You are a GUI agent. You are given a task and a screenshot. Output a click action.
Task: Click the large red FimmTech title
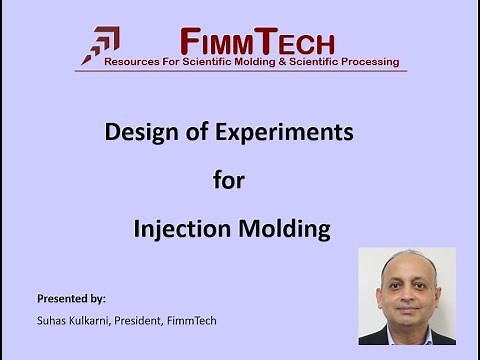258,41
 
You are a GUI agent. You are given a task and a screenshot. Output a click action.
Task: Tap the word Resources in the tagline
135,62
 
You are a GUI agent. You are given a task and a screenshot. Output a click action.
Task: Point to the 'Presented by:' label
71,299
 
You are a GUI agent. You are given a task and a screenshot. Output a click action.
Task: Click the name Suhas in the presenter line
51,319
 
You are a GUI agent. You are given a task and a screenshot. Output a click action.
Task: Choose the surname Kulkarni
93,319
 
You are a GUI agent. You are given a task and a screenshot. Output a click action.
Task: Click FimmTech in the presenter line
198,319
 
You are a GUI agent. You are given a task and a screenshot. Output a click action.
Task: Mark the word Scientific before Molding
206,62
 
